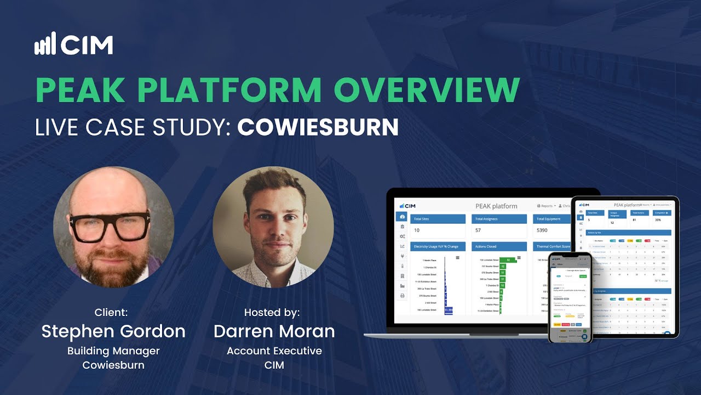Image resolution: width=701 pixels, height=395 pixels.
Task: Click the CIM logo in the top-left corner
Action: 73,44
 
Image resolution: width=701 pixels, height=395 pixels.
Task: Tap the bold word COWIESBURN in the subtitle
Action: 318,127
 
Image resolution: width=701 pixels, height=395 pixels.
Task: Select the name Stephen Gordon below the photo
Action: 113,331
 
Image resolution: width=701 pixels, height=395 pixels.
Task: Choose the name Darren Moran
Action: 274,331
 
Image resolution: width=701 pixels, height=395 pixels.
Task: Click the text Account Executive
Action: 274,351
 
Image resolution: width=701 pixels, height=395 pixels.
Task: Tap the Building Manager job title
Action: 113,351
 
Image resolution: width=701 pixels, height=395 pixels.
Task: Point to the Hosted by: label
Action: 272,312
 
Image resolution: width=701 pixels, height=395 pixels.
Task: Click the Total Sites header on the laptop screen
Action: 422,218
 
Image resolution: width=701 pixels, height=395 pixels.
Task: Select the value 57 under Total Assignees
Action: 478,230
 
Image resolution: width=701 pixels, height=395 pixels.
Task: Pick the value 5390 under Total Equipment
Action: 543,230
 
